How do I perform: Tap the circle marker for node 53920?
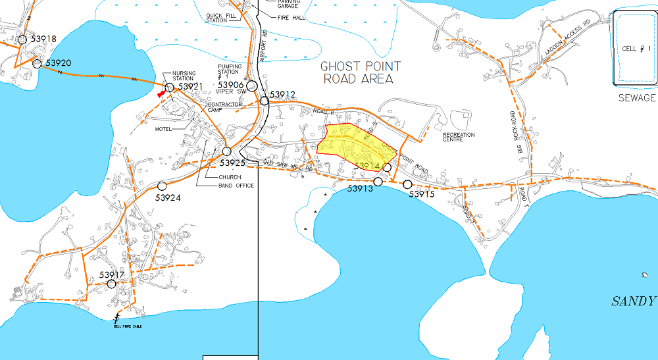(x=37, y=63)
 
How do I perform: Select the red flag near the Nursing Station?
(x=161, y=94)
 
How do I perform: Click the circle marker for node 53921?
(x=169, y=87)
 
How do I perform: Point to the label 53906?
(x=231, y=85)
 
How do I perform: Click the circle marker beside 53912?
(x=264, y=101)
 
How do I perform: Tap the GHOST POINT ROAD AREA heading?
(x=360, y=72)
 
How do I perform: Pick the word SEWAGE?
(x=637, y=97)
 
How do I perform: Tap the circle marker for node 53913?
(x=378, y=181)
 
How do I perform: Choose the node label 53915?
(x=423, y=194)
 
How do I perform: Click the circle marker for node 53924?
(x=162, y=186)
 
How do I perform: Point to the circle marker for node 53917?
(x=112, y=284)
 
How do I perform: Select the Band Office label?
(x=236, y=186)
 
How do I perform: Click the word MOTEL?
(x=163, y=129)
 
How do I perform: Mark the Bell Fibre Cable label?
(x=127, y=326)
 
